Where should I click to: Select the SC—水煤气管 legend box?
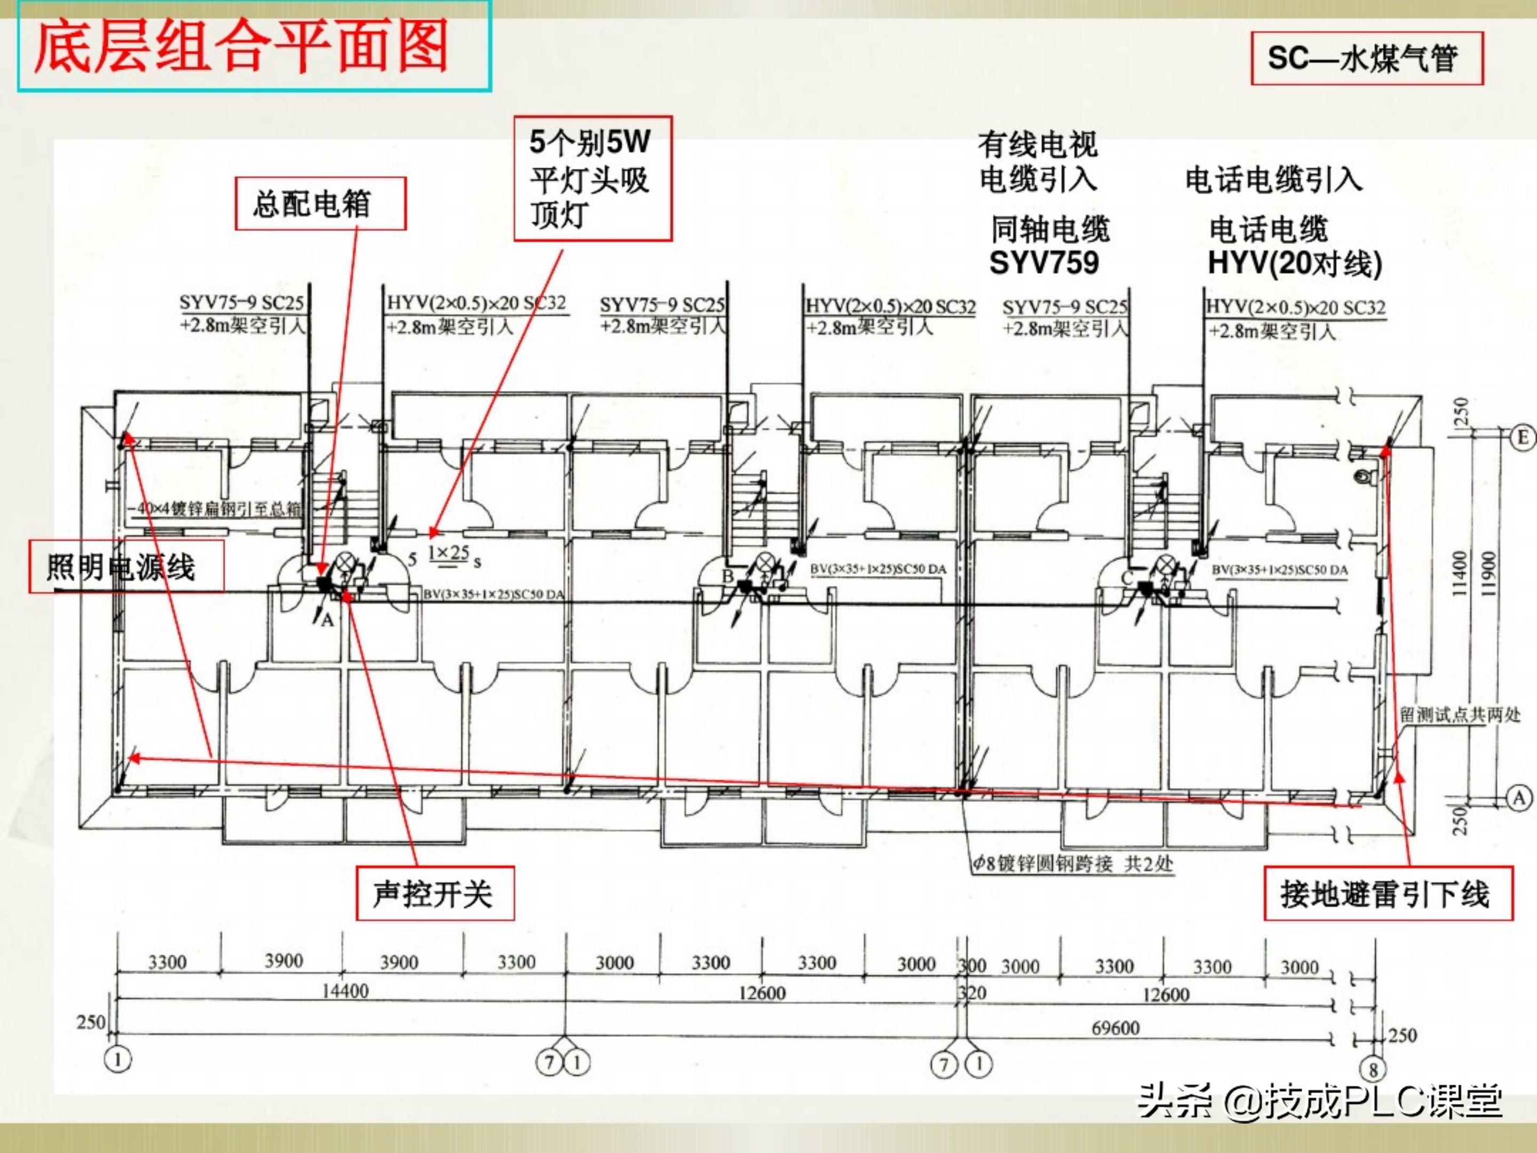1367,58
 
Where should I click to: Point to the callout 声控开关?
435,894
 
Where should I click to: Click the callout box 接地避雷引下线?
1388,894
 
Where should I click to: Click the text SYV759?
1044,263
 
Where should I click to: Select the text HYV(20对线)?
1295,264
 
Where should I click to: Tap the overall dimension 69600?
1115,1027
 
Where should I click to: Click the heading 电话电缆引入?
1273,180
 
